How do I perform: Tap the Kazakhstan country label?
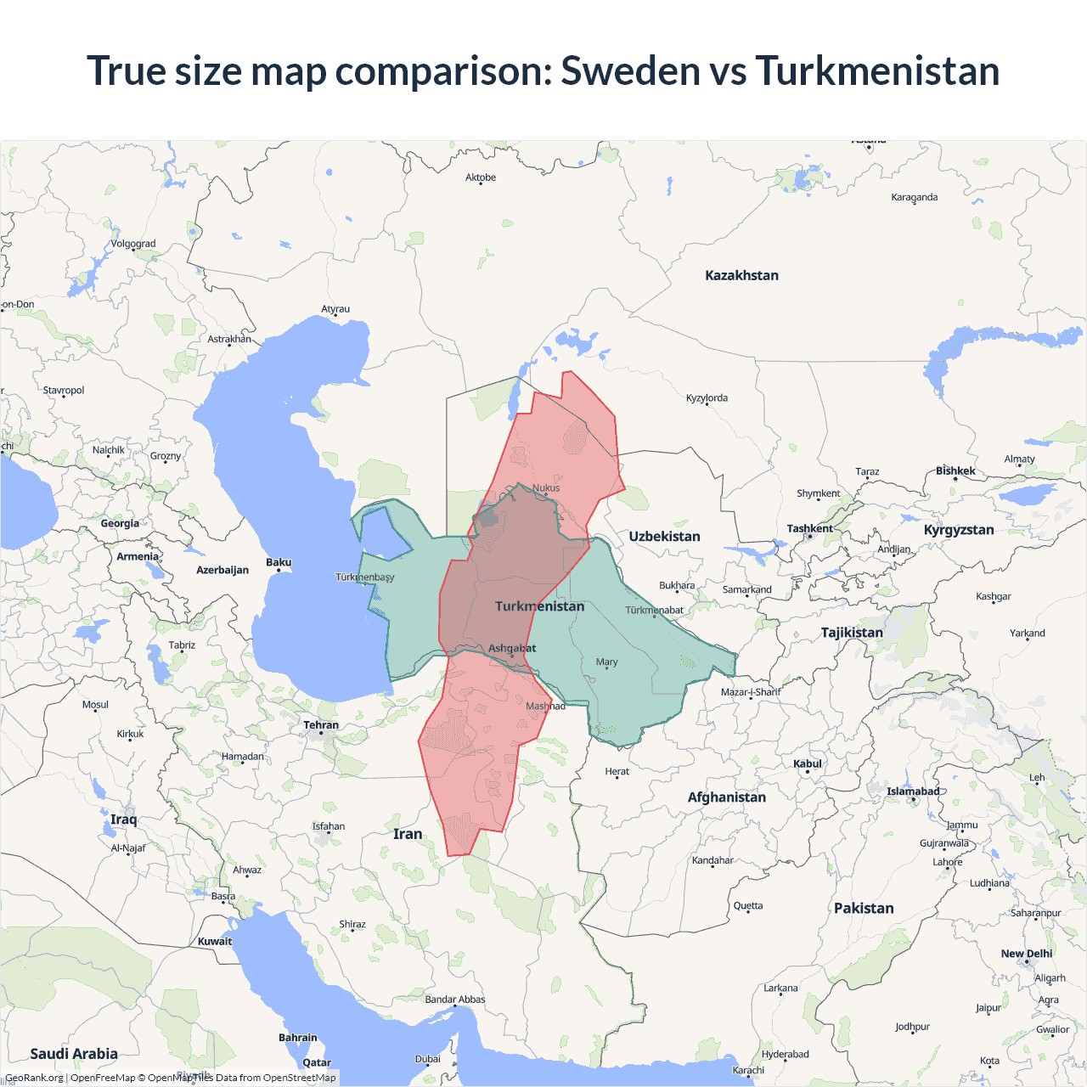tap(741, 275)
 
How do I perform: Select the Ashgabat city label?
tap(512, 649)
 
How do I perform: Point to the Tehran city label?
tap(321, 725)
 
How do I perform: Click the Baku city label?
tap(279, 562)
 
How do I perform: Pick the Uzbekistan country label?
tap(664, 537)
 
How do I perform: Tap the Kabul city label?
tap(807, 763)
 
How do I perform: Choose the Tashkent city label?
tap(809, 528)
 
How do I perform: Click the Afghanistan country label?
tap(726, 797)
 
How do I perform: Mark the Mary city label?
tap(606, 662)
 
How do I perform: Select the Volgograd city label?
tap(133, 244)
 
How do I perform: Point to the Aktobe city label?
tap(481, 177)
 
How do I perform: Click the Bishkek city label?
tap(955, 470)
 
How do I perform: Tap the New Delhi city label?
tap(1026, 954)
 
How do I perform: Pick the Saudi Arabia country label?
tap(74, 1054)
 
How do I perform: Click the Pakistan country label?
tap(864, 908)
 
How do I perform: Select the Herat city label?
tap(617, 771)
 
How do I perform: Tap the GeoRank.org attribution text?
tap(34, 1078)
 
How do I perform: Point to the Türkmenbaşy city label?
tap(365, 577)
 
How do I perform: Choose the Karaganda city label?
tap(915, 197)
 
